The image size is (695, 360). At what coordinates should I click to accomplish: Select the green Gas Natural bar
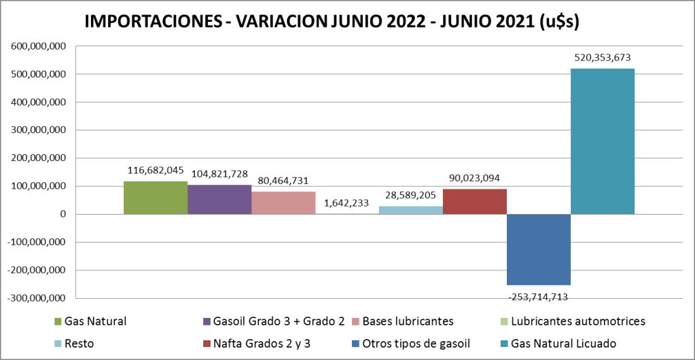point(156,198)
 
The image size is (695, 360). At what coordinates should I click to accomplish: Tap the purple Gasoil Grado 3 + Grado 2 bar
point(219,200)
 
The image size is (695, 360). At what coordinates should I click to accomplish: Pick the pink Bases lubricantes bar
point(283,203)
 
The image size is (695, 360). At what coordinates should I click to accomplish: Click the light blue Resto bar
point(411,210)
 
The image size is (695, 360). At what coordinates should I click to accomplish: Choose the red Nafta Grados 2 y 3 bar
point(475,202)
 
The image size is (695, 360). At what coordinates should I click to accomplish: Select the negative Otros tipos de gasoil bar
point(539,249)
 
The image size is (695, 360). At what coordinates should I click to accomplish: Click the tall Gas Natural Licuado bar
point(603,141)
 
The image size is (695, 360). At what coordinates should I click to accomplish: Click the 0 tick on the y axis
point(62,214)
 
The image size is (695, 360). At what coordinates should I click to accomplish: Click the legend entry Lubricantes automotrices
point(577,321)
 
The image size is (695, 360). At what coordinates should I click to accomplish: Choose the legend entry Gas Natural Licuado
point(568,344)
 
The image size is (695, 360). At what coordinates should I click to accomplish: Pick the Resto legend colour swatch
point(58,344)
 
